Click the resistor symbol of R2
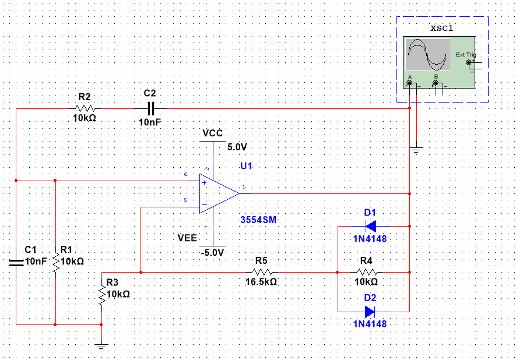tap(85, 108)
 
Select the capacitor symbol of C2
tap(150, 108)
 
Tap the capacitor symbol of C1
tap(16, 262)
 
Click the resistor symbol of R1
tap(55, 262)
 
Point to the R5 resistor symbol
tap(262, 272)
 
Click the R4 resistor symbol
tap(367, 272)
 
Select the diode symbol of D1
tap(371, 226)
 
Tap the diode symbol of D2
tap(370, 311)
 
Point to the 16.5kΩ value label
tap(261, 282)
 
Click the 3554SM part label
tap(258, 220)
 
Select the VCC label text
tap(213, 133)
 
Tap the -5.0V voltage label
tap(212, 252)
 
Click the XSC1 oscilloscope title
tap(442, 29)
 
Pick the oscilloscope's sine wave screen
tap(428, 55)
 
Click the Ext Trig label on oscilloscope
tap(466, 55)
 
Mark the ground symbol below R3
tap(101, 346)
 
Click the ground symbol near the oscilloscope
tap(416, 150)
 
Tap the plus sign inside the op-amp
tap(204, 182)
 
